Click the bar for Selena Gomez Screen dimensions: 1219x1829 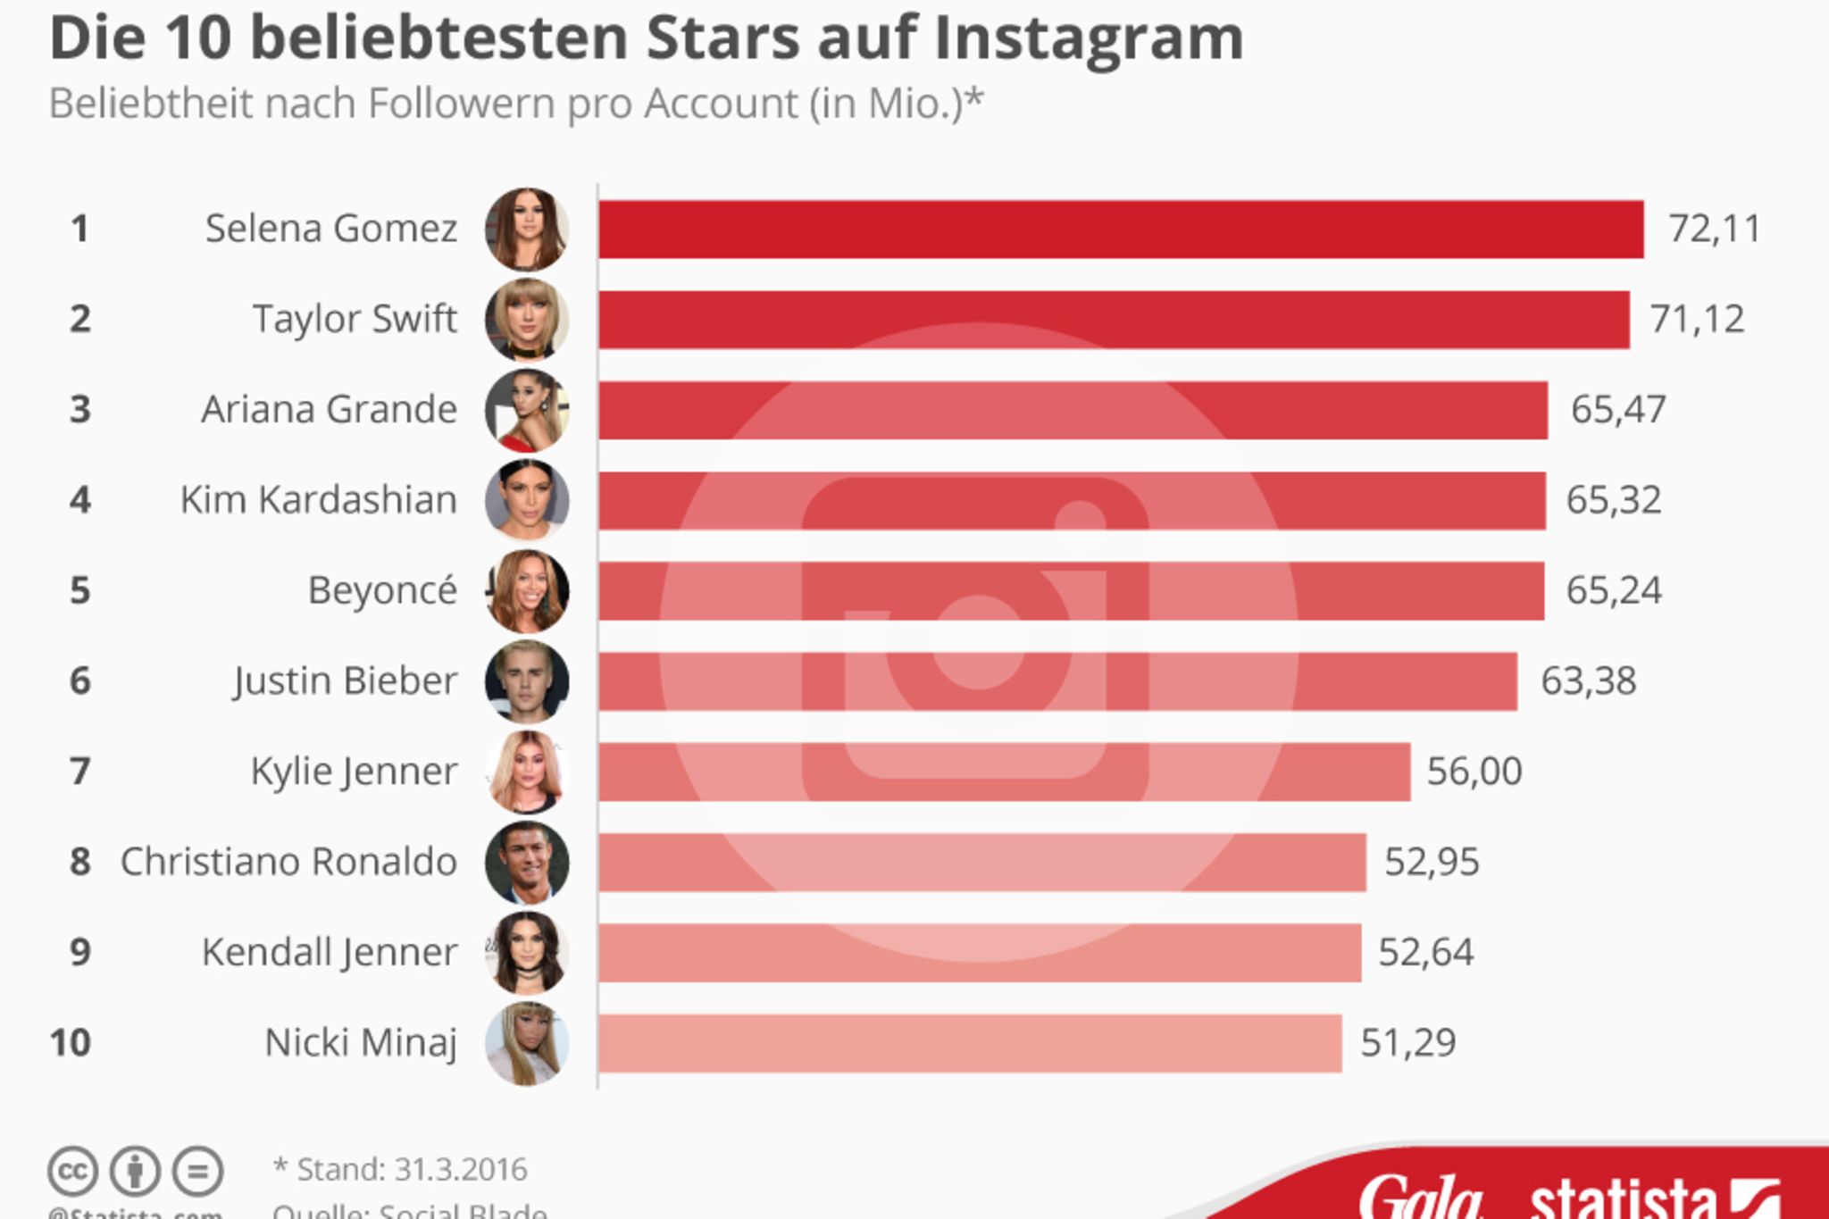[x=1121, y=230]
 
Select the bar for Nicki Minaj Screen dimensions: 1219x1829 [x=970, y=1043]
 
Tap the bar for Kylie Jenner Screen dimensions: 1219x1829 [x=1004, y=772]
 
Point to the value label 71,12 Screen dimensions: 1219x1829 [x=1697, y=319]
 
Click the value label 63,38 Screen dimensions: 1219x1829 [x=1588, y=681]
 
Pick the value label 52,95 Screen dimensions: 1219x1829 [x=1432, y=862]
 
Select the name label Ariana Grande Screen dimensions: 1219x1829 [x=329, y=410]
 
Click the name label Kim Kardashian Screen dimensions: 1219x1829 [x=318, y=500]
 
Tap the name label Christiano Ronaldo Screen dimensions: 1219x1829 [x=288, y=862]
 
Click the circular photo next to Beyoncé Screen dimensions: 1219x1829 [x=527, y=590]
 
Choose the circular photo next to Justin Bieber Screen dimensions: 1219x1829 [x=527, y=681]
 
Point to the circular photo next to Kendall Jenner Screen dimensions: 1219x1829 [x=527, y=953]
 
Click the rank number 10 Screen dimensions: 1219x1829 [x=71, y=1043]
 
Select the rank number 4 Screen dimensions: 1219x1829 [x=80, y=500]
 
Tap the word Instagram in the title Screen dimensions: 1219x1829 [x=1088, y=39]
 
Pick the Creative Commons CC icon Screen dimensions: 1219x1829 [x=72, y=1171]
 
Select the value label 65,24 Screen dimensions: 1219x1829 [x=1614, y=590]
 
